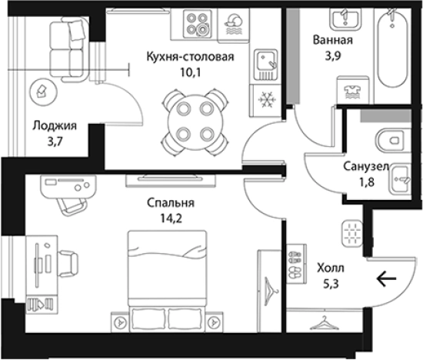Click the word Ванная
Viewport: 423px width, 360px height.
(x=333, y=41)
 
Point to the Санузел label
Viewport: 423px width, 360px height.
(x=365, y=166)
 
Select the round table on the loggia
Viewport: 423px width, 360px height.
(x=40, y=93)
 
